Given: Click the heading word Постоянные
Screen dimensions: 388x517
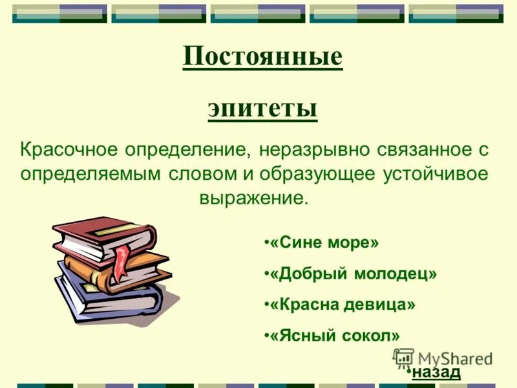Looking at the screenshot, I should pos(262,58).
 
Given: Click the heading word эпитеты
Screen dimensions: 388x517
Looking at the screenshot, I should pos(262,108).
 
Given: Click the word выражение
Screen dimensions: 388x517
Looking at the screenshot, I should pos(254,197).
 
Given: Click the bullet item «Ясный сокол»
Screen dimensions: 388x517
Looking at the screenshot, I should pos(332,335).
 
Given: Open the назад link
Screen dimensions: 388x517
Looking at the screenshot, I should pos(436,372).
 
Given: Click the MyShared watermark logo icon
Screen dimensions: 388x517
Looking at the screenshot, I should pos(403,358).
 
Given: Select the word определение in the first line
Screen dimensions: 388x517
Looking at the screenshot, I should pos(188,149).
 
